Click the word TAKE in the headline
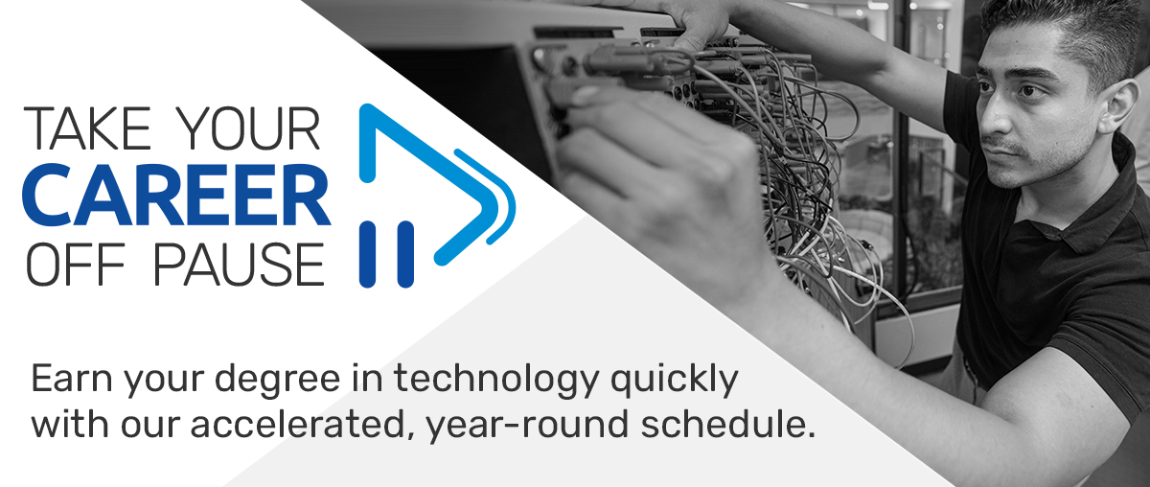pos(87,128)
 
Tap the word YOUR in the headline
pos(252,128)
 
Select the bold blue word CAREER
pos(176,195)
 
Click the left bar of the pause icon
pos(367,254)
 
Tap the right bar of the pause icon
pos(405,254)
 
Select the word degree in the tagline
pos(277,382)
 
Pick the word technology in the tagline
pos(496,382)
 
